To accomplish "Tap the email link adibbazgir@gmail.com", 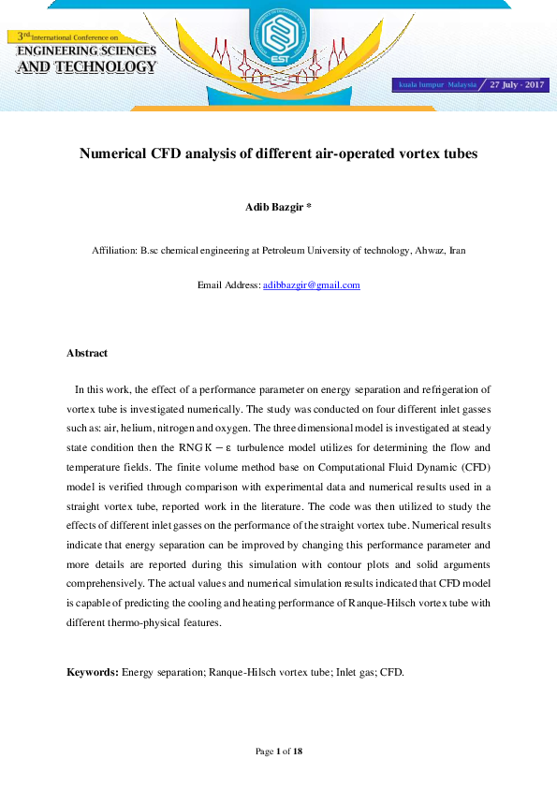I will [312, 285].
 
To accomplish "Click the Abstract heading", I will [87, 353].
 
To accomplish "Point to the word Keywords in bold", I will [92, 672].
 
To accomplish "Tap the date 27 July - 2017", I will [518, 84].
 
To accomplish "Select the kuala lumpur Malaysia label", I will [438, 85].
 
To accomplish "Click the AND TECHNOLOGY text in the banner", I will [87, 67].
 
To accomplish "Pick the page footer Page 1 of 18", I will [278, 752].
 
